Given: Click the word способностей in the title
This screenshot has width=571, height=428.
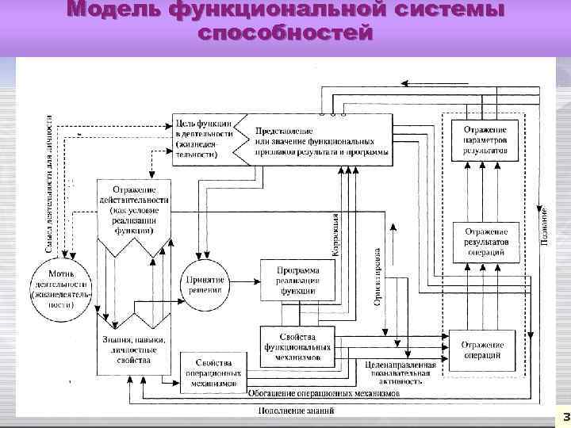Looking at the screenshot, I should pyautogui.click(x=285, y=33).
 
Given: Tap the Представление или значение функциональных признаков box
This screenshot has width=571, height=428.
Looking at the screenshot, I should pyautogui.click(x=322, y=140).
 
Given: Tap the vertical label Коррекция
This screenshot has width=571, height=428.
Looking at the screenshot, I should pyautogui.click(x=335, y=235).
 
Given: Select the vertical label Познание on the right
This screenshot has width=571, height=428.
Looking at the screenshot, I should pyautogui.click(x=544, y=226).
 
